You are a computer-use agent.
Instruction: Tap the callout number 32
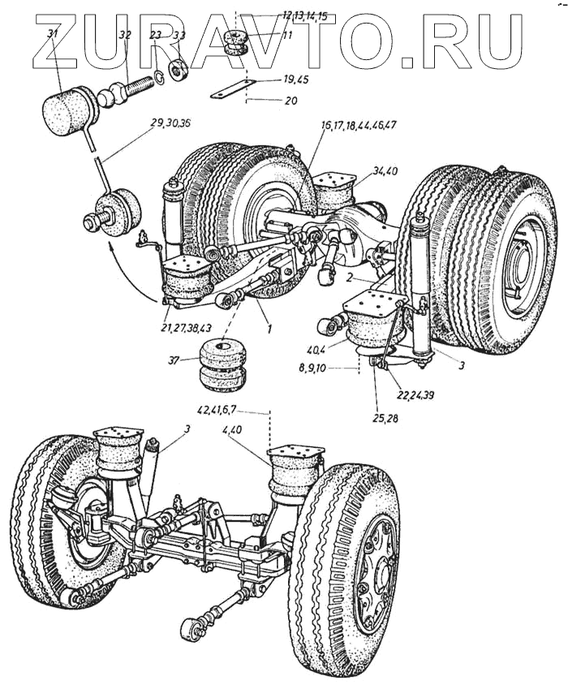(x=125, y=35)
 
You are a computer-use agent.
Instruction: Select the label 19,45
(x=295, y=80)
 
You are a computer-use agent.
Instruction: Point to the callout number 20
(x=290, y=101)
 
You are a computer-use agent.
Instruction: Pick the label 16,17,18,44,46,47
(x=358, y=125)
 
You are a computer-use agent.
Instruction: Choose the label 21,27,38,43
(x=186, y=327)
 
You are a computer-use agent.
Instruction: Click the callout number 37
(x=174, y=361)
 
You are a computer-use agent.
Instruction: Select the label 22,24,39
(x=415, y=395)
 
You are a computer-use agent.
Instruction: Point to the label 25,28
(x=386, y=418)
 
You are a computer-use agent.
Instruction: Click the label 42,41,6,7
(x=217, y=411)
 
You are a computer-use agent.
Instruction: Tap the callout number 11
(x=287, y=34)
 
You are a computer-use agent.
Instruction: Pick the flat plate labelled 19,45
(x=233, y=88)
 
